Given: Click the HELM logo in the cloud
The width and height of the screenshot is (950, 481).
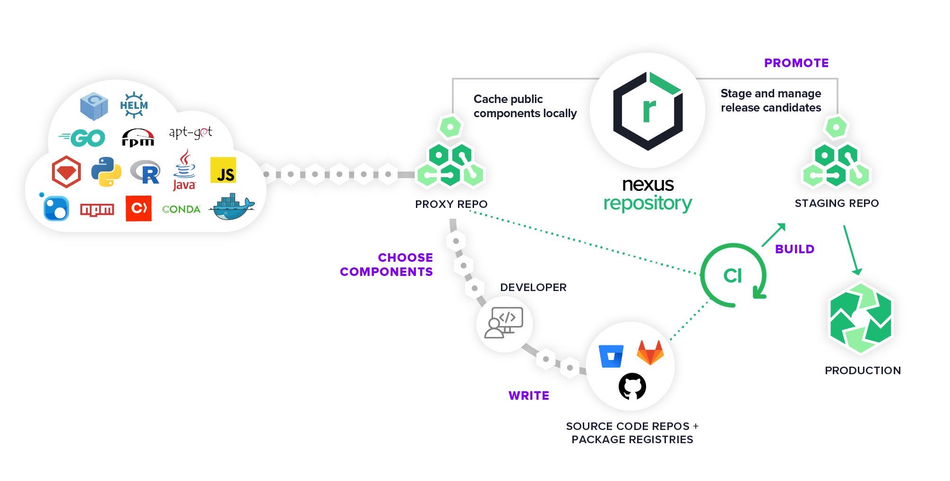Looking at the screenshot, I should (x=134, y=105).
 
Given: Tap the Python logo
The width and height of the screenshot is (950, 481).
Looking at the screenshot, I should (x=106, y=172).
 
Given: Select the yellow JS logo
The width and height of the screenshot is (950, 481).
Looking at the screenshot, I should (x=223, y=171).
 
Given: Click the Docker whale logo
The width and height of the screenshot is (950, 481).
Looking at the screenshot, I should (x=232, y=206).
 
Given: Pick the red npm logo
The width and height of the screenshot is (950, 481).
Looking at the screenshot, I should (x=97, y=209).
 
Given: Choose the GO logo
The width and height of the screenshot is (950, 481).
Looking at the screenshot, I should (x=83, y=138).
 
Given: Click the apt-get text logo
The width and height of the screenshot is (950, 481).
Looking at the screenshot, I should (x=190, y=133).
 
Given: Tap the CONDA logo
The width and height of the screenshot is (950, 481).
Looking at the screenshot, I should (x=181, y=209).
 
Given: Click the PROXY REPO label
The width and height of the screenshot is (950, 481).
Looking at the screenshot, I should (x=451, y=204).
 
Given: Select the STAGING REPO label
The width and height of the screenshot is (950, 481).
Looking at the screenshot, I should (x=837, y=203).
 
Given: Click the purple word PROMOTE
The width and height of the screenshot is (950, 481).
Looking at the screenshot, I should (x=796, y=63).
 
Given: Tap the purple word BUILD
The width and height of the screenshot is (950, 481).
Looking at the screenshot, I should (x=795, y=249).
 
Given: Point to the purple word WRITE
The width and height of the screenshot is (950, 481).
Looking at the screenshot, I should (x=528, y=395).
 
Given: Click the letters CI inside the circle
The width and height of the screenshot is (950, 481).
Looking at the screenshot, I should (x=732, y=276).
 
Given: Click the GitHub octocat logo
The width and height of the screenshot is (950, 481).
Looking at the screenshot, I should (x=632, y=386).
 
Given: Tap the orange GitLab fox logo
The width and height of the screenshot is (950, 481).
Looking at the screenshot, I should (x=650, y=352).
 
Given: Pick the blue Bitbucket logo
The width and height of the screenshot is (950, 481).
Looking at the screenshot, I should (x=611, y=356).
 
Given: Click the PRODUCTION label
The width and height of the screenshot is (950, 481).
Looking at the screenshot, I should (x=863, y=370).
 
